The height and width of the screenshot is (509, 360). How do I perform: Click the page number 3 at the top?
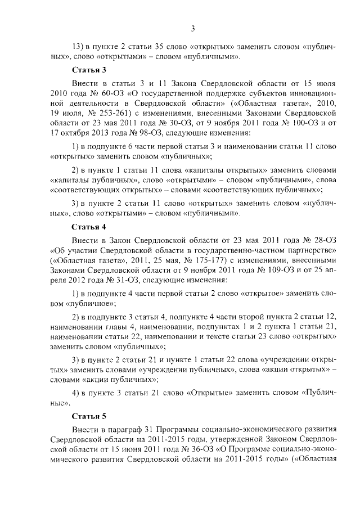(x=192, y=29)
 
